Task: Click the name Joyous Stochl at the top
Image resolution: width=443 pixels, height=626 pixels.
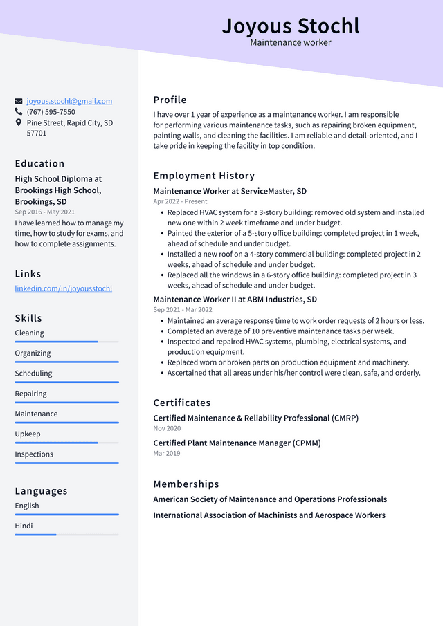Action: [x=291, y=26]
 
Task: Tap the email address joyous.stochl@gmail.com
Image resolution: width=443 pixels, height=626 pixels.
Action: [x=69, y=101]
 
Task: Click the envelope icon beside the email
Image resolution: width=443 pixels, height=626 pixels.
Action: [x=19, y=101]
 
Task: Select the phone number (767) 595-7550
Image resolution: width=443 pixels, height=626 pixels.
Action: [x=51, y=112]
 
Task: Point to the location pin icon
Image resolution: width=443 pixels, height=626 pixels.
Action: [x=19, y=122]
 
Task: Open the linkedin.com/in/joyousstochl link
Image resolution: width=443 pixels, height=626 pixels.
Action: [x=63, y=288]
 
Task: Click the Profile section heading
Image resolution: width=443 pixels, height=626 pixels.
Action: [x=170, y=100]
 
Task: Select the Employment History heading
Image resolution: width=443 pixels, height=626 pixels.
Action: [x=204, y=176]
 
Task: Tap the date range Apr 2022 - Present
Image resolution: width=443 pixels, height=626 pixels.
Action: [x=180, y=201]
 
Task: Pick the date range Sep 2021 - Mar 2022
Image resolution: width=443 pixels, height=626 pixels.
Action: [x=183, y=310]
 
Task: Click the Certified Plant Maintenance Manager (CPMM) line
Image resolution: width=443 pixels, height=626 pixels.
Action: [x=237, y=443]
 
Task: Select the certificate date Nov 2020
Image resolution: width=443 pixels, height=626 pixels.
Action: [x=167, y=428]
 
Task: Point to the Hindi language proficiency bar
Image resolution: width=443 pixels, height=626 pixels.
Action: [x=66, y=535]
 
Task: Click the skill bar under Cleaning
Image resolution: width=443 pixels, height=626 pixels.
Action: [x=66, y=342]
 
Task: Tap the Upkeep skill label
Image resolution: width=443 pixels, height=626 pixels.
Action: [x=28, y=434]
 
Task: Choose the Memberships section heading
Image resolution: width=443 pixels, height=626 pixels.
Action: [x=186, y=484]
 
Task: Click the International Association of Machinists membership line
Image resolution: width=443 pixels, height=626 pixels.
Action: [x=269, y=515]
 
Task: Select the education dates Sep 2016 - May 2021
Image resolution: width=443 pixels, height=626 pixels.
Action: [x=44, y=212]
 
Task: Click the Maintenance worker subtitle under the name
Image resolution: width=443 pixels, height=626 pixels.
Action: [x=291, y=43]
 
